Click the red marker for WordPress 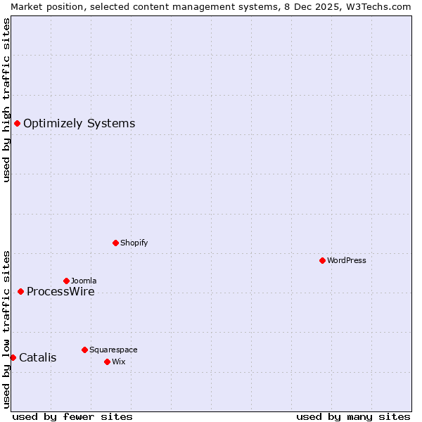pyautogui.click(x=322, y=260)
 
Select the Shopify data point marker pyautogui.click(x=115, y=243)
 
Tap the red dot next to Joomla pyautogui.click(x=66, y=281)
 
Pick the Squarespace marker pyautogui.click(x=84, y=350)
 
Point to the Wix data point pyautogui.click(x=107, y=362)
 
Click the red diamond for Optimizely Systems pyautogui.click(x=17, y=124)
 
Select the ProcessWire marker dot pyautogui.click(x=20, y=291)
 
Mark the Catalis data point pyautogui.click(x=13, y=357)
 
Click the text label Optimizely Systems pyautogui.click(x=79, y=124)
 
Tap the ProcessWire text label pyautogui.click(x=60, y=292)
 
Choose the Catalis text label pyautogui.click(x=37, y=358)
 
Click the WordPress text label pyautogui.click(x=346, y=260)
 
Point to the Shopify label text pyautogui.click(x=134, y=243)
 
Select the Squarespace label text pyautogui.click(x=113, y=350)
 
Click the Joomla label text pyautogui.click(x=84, y=281)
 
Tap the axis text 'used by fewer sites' pyautogui.click(x=72, y=416)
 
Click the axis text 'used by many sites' pyautogui.click(x=353, y=416)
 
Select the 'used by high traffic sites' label pyautogui.click(x=6, y=100)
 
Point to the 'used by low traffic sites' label pyautogui.click(x=6, y=328)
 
